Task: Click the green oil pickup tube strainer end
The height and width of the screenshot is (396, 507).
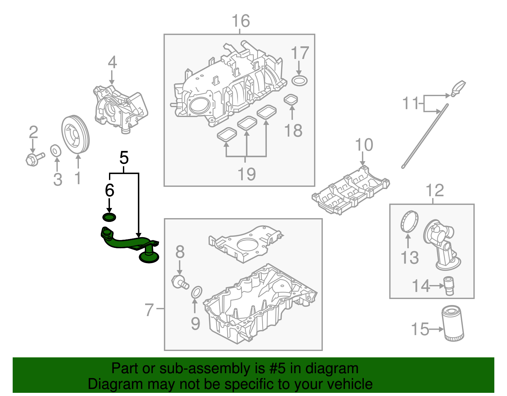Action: pos(149,257)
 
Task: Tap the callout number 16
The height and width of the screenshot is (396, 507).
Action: pos(241,21)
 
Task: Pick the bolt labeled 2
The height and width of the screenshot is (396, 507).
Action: pos(34,158)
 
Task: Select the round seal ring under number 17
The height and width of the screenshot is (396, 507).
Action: pos(299,81)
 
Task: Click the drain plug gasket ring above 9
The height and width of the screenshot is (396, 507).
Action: pos(196,292)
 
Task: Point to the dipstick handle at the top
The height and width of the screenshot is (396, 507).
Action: pos(458,88)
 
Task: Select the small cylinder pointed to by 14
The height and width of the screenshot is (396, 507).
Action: pos(449,286)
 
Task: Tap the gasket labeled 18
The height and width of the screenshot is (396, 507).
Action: pos(291,100)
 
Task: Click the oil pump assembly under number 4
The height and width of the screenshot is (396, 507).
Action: pos(120,108)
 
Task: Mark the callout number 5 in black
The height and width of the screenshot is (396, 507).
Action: pos(124,158)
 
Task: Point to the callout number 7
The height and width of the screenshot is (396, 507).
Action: pos(149,309)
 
